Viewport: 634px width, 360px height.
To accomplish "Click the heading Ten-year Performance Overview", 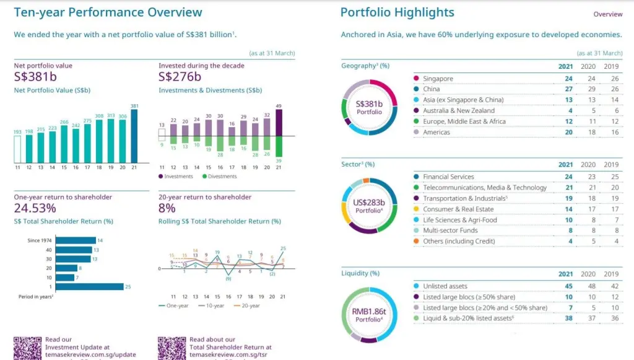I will (108, 12).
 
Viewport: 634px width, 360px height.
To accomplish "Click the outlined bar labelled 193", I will (17, 149).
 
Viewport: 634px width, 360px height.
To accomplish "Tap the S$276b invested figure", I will (180, 77).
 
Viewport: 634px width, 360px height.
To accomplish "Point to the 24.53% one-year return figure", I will (35, 208).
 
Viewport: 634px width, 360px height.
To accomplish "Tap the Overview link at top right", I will (607, 14).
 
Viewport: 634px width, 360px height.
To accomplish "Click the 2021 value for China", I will (568, 89).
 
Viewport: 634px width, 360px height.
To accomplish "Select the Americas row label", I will (436, 132).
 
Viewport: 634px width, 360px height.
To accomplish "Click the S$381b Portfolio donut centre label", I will (370, 107).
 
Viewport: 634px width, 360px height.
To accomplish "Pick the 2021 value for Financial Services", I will (568, 177).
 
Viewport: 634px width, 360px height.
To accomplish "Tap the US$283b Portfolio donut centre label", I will (370, 206).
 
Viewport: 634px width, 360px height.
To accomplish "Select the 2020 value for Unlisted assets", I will (591, 286).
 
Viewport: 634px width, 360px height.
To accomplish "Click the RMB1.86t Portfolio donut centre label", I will (370, 315).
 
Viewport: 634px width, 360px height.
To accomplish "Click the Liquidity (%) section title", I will (360, 273).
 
